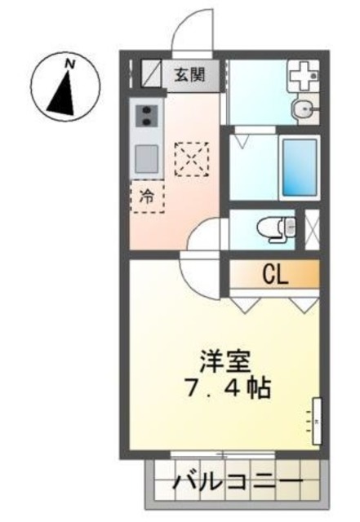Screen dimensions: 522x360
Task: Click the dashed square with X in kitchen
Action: pos(192,159)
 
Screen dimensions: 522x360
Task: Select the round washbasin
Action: pos(304,108)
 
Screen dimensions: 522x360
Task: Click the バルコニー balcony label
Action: pos(237,483)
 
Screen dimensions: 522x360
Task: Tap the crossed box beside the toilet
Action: pos(311,228)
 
